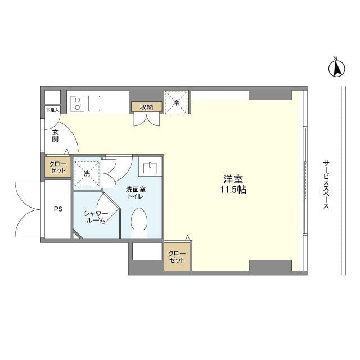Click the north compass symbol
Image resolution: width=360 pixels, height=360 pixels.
tap(336, 67)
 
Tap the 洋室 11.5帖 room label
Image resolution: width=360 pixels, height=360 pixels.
tap(233, 184)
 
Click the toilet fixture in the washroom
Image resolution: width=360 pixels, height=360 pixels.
tap(139, 223)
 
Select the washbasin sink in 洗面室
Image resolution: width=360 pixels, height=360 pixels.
tap(150, 168)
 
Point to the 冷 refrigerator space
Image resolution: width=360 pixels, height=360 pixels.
tap(176, 102)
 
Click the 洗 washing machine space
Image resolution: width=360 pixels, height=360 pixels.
tap(87, 173)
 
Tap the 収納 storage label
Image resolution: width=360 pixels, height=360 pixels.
tap(147, 107)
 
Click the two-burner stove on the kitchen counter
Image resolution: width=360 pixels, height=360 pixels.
tap(78, 103)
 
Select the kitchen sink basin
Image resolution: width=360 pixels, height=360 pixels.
tap(94, 103)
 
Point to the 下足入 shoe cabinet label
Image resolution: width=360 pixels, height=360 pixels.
tap(52, 110)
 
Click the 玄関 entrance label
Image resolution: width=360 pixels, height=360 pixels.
tap(55, 136)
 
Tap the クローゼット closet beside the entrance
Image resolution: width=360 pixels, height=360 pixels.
tap(57, 167)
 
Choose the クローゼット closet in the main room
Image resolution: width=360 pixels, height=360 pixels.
tap(177, 256)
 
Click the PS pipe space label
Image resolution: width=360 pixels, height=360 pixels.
tap(58, 209)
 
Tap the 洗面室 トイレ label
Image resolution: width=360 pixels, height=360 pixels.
tap(136, 193)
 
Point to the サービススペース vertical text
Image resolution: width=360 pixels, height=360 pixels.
tap(326, 184)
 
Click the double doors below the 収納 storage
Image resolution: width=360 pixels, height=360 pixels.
tap(147, 119)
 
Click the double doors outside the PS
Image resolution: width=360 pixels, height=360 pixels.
tap(28, 209)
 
